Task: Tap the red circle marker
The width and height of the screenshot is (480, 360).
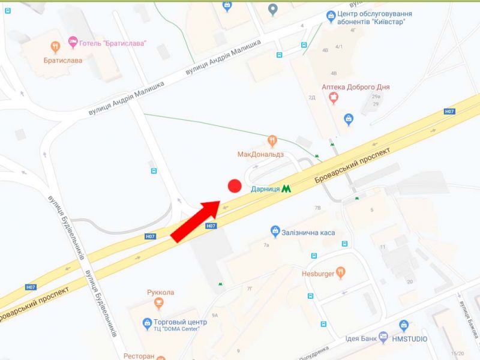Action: pyautogui.click(x=235, y=186)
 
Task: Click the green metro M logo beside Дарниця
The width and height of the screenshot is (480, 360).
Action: pyautogui.click(x=287, y=188)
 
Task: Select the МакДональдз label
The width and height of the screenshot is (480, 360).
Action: pyautogui.click(x=260, y=154)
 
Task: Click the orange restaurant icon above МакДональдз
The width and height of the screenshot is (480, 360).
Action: pyautogui.click(x=272, y=141)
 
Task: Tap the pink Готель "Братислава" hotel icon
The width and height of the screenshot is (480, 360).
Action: pyautogui.click(x=73, y=43)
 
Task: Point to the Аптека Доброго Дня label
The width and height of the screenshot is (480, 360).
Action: pyautogui.click(x=356, y=87)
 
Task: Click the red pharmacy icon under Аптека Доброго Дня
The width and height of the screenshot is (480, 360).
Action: pyautogui.click(x=334, y=98)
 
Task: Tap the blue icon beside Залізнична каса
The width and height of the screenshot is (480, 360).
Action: pyautogui.click(x=275, y=231)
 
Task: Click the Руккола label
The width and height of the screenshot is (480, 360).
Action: pyautogui.click(x=160, y=292)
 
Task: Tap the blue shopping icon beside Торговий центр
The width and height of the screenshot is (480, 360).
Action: pyautogui.click(x=148, y=324)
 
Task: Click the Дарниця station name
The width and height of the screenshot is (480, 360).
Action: pyautogui.click(x=265, y=188)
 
